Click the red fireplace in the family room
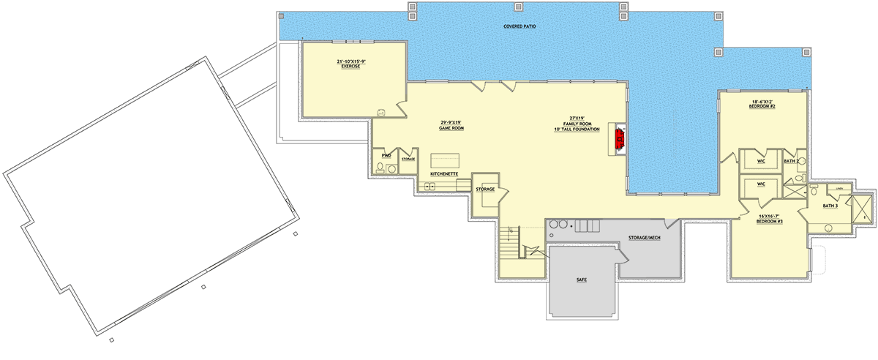pyautogui.click(x=620, y=137)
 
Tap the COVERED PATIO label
pyautogui.click(x=520, y=27)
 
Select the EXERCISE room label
pyautogui.click(x=351, y=67)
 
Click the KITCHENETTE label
pyautogui.click(x=444, y=173)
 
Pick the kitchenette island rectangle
pyautogui.click(x=444, y=160)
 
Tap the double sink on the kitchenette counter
pyautogui.click(x=430, y=186)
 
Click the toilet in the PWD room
pyautogui.click(x=379, y=168)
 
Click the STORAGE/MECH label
pyautogui.click(x=645, y=239)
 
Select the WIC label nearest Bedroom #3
pyautogui.click(x=761, y=184)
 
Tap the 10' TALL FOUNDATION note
pyautogui.click(x=577, y=130)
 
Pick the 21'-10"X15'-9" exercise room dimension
pyautogui.click(x=351, y=61)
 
